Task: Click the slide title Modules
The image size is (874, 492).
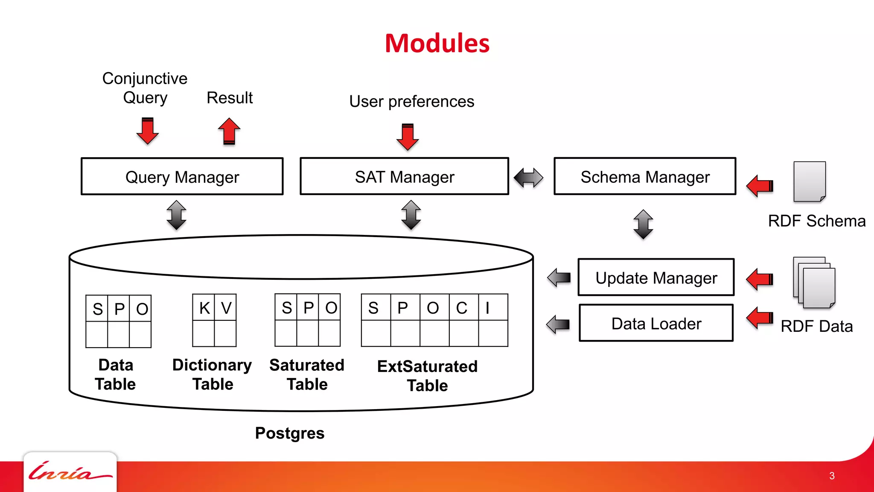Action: [437, 43]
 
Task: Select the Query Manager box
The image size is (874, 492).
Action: [182, 176]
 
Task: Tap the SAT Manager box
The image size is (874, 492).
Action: [404, 176]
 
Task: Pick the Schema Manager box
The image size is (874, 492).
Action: [645, 176]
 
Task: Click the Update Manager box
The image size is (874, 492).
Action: [656, 278]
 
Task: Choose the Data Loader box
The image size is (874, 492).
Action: [656, 323]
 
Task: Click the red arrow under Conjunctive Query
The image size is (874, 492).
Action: [148, 131]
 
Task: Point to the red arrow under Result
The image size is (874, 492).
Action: [229, 131]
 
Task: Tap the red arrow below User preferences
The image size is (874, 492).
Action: [408, 137]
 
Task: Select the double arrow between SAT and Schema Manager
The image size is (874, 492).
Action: [528, 177]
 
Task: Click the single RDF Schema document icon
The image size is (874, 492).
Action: [810, 182]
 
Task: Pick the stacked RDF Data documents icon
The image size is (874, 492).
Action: [814, 282]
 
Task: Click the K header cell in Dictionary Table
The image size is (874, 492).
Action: [204, 307]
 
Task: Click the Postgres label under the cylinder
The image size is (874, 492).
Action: [289, 433]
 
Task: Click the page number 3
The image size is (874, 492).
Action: [832, 476]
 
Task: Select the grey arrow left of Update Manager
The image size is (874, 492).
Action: [559, 278]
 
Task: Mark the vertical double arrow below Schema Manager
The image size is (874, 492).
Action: [643, 224]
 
